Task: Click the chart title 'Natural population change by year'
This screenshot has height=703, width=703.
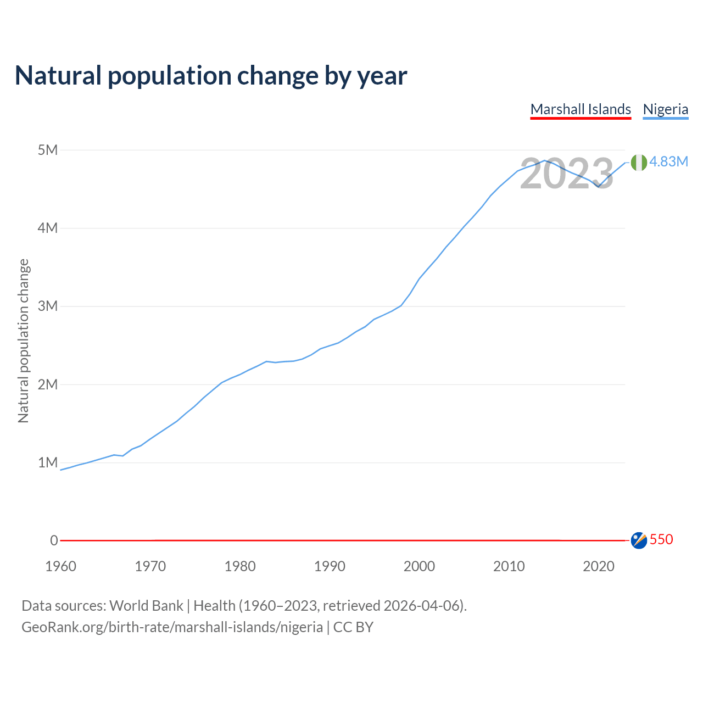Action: [x=210, y=76]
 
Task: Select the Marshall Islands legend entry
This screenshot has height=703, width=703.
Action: [x=581, y=109]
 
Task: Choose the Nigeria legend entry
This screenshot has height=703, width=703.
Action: [x=665, y=109]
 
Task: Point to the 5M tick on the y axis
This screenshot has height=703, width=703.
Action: [x=48, y=150]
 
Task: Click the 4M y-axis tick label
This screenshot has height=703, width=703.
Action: [x=48, y=228]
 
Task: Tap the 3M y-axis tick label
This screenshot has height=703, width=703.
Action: [x=48, y=306]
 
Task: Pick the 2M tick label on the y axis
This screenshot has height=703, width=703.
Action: [x=48, y=384]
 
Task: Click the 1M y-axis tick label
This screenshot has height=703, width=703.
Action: [x=48, y=462]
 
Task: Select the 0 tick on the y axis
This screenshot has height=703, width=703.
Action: [x=54, y=540]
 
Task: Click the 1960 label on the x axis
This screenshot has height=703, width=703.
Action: [x=60, y=566]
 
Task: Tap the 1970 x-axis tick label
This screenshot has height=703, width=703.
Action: [x=150, y=566]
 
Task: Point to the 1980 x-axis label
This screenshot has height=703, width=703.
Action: [x=240, y=566]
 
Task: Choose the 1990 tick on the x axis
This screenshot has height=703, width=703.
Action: [x=330, y=566]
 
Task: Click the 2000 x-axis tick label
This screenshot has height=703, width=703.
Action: [x=419, y=566]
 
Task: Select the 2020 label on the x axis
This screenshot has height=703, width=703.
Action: [x=599, y=566]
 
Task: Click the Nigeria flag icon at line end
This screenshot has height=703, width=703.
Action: [x=639, y=162]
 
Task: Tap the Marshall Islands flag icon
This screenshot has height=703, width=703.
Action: [x=639, y=540]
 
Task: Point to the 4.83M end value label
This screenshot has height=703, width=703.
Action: [x=668, y=161]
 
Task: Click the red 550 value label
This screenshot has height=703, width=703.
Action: [x=661, y=539]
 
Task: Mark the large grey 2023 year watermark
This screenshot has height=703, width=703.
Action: [x=566, y=174]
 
